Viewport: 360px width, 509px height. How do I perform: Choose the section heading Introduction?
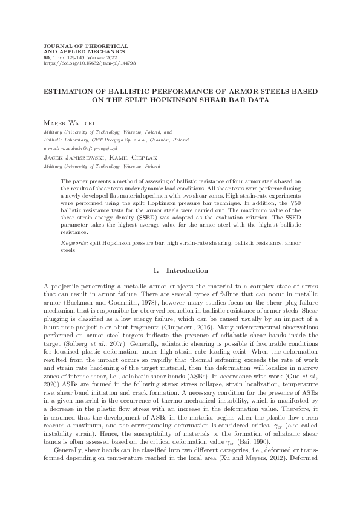click(187, 270)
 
